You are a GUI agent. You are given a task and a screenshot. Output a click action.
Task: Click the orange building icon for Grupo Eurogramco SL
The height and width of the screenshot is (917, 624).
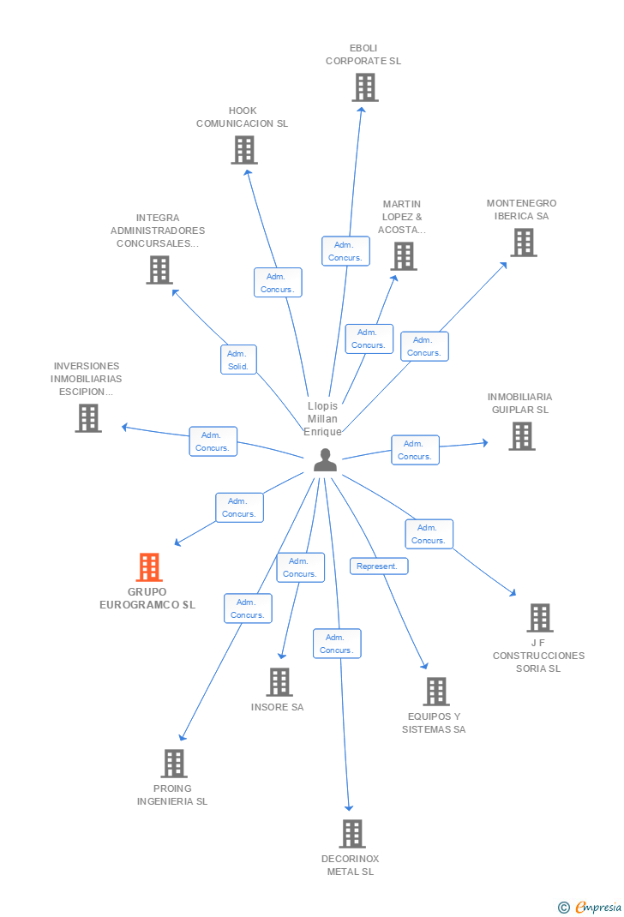tap(149, 567)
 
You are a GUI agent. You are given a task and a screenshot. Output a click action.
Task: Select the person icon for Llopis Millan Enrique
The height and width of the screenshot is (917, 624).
tap(325, 460)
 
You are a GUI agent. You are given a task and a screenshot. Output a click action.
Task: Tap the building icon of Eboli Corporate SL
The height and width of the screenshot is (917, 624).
tap(365, 87)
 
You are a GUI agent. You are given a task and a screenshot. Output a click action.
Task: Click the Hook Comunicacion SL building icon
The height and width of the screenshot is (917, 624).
tap(244, 150)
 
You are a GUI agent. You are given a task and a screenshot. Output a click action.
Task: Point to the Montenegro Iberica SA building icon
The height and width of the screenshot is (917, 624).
tap(523, 243)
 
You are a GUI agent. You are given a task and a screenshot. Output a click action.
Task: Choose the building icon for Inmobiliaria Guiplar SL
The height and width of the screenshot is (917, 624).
tap(521, 436)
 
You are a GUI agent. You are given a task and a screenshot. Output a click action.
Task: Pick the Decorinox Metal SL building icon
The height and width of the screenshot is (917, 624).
tap(351, 834)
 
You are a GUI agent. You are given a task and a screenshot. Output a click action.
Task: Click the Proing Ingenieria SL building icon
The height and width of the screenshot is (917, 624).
tap(174, 764)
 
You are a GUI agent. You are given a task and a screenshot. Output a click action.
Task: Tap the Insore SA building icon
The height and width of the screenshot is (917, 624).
tap(279, 682)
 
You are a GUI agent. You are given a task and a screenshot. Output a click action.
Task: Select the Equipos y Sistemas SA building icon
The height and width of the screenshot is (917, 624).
tap(436, 692)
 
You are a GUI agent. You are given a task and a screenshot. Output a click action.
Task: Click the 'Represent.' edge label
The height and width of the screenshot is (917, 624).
tap(379, 566)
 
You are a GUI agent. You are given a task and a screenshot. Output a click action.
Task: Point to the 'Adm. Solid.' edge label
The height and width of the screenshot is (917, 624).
tap(238, 360)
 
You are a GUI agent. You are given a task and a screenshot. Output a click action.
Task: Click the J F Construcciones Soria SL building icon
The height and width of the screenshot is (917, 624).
tap(539, 618)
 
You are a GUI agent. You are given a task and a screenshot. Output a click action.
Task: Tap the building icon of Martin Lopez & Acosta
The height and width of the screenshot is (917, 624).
tap(403, 256)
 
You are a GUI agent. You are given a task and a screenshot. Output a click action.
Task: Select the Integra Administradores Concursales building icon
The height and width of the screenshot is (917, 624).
tap(159, 270)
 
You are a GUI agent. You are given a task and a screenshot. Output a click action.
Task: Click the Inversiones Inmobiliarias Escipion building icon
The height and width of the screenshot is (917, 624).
tap(87, 418)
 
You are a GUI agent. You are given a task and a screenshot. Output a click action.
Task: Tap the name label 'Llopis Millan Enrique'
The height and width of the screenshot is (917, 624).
tap(323, 419)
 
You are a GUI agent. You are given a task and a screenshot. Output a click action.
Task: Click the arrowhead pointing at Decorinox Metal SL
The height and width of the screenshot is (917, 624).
tap(349, 807)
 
